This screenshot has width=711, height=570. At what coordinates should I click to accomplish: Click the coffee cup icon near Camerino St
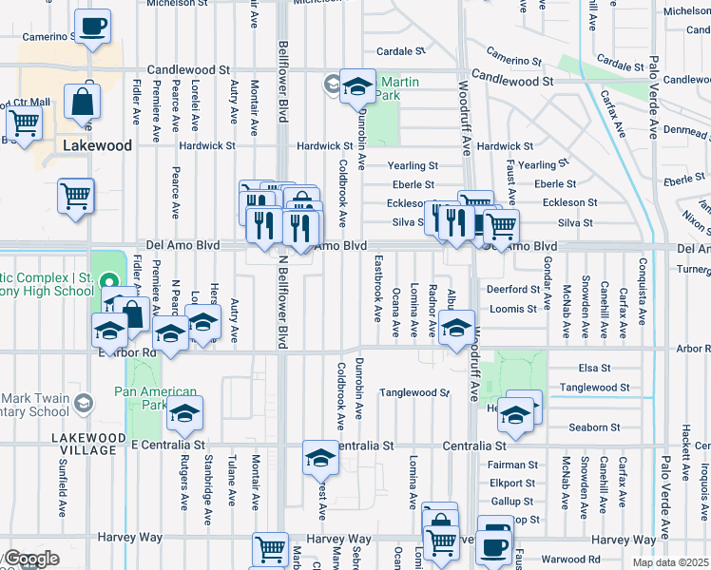[x=92, y=27]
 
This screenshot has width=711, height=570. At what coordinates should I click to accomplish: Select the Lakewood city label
[x=96, y=146]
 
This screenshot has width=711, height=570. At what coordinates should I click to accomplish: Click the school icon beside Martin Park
[x=357, y=87]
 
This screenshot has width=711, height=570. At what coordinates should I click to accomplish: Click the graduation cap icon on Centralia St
[x=320, y=459]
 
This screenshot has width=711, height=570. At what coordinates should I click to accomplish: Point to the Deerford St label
[x=512, y=289]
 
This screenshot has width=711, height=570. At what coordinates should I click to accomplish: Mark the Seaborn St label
[x=594, y=427]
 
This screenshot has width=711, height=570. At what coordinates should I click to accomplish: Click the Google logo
[x=30, y=560]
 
